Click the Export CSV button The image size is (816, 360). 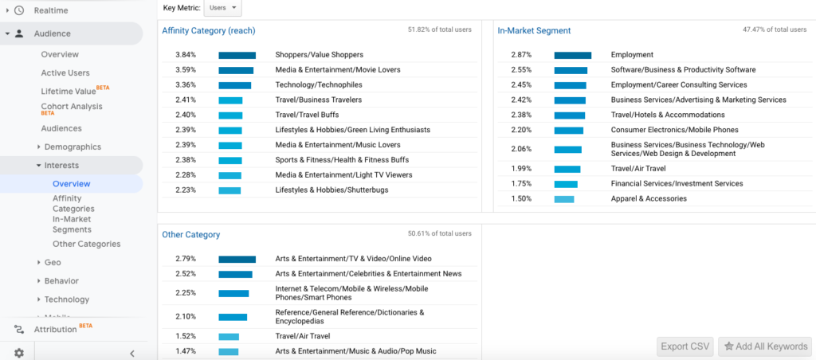pyautogui.click(x=685, y=346)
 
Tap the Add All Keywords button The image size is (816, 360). pyautogui.click(x=763, y=346)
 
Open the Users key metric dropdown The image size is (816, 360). pyautogui.click(x=222, y=7)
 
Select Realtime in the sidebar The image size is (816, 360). pyautogui.click(x=50, y=10)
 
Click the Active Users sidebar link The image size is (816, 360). pyautogui.click(x=65, y=72)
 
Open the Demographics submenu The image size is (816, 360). pyautogui.click(x=72, y=147)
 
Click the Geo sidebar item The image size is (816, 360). pyautogui.click(x=53, y=262)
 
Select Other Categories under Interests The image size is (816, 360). pyautogui.click(x=86, y=244)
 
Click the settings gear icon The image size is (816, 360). pyautogui.click(x=18, y=353)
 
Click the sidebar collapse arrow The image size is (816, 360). pyautogui.click(x=132, y=354)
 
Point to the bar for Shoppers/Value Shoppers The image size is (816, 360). pyautogui.click(x=237, y=55)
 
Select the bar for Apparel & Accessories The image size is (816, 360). pyautogui.click(x=563, y=198)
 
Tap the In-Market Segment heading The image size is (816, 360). pyautogui.click(x=534, y=31)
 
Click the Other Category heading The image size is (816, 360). pyautogui.click(x=190, y=235)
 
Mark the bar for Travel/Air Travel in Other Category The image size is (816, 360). pyautogui.click(x=229, y=336)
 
